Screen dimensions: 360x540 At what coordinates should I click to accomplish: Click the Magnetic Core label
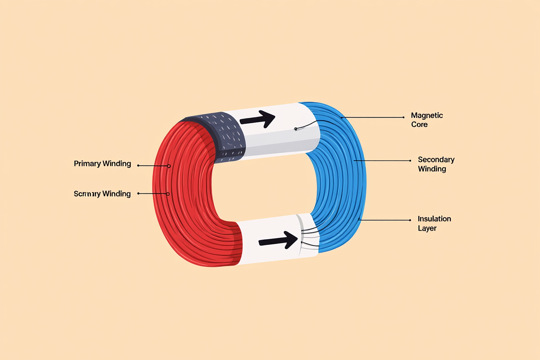[x=427, y=120]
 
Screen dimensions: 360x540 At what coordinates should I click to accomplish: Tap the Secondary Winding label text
[x=436, y=164]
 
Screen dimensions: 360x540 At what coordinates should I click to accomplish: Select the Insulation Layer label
[x=434, y=223]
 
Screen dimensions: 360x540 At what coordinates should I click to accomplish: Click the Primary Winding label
[x=102, y=164]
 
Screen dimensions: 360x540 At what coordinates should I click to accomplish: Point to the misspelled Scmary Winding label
[x=102, y=193]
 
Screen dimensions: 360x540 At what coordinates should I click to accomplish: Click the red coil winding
[x=182, y=195]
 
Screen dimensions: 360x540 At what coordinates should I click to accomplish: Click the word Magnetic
[x=427, y=116]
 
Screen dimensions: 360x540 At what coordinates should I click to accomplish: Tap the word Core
[x=419, y=125]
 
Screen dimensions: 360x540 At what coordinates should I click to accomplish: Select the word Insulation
[x=434, y=219]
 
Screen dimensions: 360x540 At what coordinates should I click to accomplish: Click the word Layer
[x=427, y=228]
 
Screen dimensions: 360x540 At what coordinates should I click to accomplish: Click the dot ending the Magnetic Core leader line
[x=403, y=117]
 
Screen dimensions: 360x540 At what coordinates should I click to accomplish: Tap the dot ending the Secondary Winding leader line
[x=410, y=161]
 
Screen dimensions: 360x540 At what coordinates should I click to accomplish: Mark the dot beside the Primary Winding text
[x=138, y=165]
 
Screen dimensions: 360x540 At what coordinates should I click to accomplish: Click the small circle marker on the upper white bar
[x=295, y=129]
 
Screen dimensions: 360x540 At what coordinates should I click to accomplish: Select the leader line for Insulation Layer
[x=385, y=220]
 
